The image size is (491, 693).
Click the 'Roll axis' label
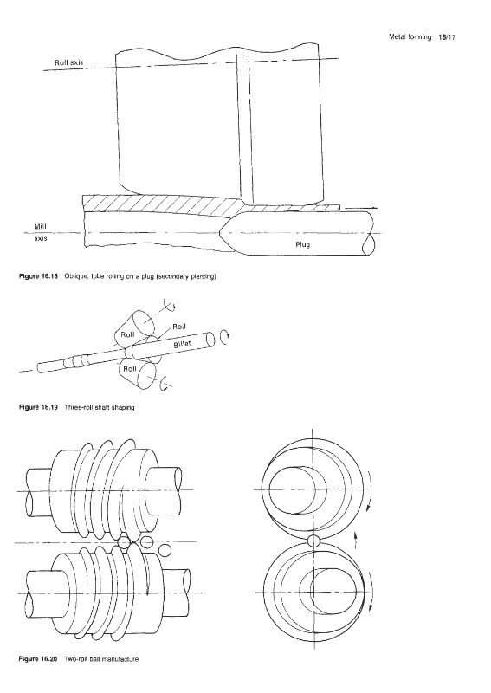coord(68,62)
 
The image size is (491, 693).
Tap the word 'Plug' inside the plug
coord(303,244)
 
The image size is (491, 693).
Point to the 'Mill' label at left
coord(40,227)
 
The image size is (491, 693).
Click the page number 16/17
coord(447,37)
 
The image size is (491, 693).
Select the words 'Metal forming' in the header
coord(410,37)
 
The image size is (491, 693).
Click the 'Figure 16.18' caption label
coord(38,276)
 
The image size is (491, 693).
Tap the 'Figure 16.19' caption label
coord(38,407)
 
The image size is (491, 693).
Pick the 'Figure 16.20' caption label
coord(38,659)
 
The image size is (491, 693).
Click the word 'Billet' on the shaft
coord(182,341)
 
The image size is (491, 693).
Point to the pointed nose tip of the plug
coord(220,232)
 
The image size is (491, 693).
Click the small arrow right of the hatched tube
coord(360,207)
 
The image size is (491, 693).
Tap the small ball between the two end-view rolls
coord(313,541)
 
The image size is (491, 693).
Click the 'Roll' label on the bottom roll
coord(130,369)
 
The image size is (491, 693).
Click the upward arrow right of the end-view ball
coord(356,540)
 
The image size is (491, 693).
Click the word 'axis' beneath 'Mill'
coord(40,238)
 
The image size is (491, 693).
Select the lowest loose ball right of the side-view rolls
coord(165,550)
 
